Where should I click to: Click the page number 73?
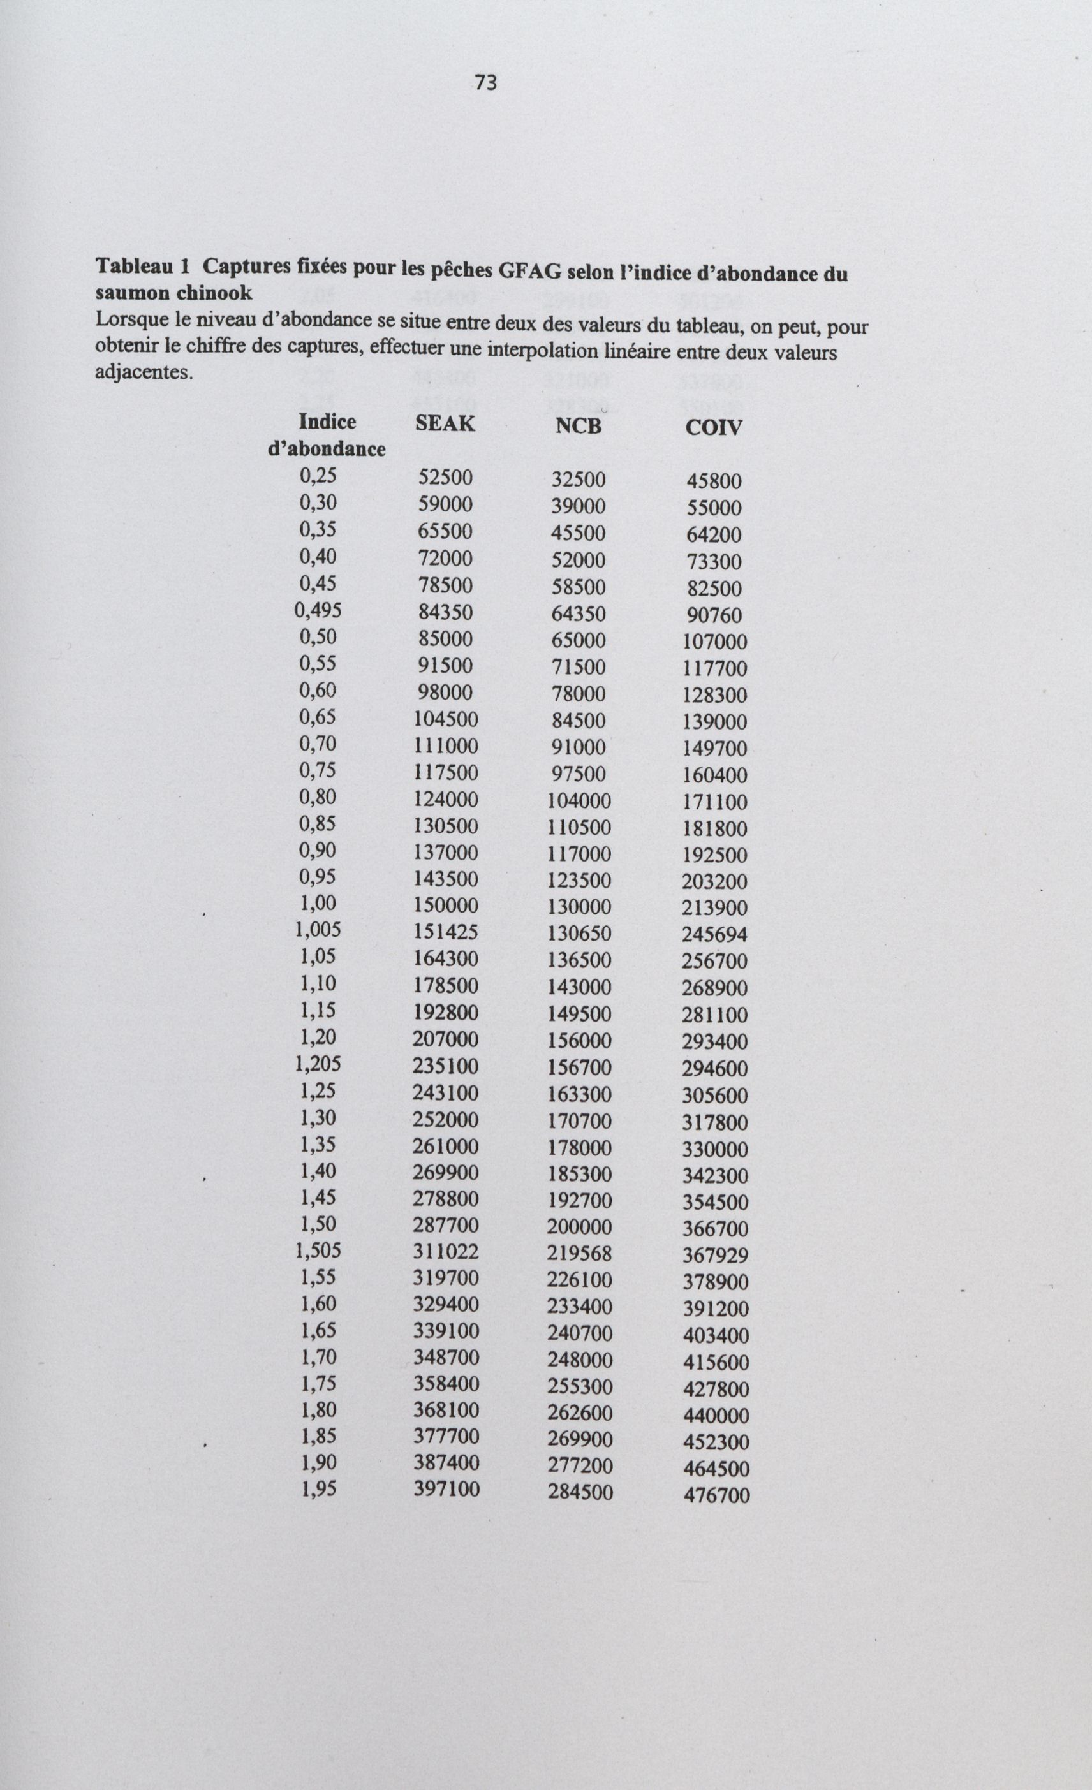point(486,83)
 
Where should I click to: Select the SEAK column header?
point(445,423)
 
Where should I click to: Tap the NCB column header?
point(579,427)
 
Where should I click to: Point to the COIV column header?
point(714,428)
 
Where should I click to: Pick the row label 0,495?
point(318,610)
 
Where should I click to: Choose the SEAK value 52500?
point(445,477)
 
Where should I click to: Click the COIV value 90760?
point(714,616)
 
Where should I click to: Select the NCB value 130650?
point(579,934)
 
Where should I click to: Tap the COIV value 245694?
point(714,935)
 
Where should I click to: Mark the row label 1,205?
point(318,1064)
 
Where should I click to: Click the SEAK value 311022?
point(445,1252)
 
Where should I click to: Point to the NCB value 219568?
point(579,1254)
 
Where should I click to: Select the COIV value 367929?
point(715,1256)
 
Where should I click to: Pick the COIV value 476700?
point(716,1496)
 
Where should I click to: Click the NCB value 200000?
point(579,1227)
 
